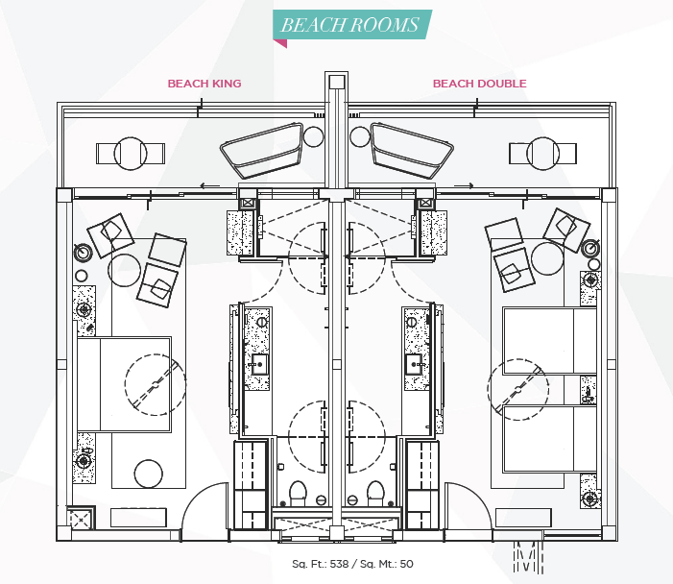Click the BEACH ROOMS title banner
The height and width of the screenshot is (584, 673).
[352, 25]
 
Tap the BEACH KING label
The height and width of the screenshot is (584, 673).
[204, 84]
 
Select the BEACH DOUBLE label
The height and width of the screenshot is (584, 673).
[479, 84]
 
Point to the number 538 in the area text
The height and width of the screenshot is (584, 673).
[340, 564]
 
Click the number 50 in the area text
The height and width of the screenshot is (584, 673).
[406, 564]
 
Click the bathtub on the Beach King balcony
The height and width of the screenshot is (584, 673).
[262, 150]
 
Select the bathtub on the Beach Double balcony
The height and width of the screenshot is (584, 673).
[412, 150]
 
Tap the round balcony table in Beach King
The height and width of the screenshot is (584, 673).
[131, 154]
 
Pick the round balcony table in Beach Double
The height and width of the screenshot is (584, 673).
[543, 154]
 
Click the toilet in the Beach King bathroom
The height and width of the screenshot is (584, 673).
[298, 493]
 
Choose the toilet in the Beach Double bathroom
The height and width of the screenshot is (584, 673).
[375, 493]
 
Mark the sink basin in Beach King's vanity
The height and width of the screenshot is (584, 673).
[259, 364]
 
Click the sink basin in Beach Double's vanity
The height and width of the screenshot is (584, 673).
[414, 364]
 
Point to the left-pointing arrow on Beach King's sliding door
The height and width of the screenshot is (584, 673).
[210, 186]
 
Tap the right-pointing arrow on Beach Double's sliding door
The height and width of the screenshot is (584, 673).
[464, 186]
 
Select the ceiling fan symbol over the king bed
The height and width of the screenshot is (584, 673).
[156, 385]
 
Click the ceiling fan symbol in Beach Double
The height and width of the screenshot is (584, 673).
[518, 389]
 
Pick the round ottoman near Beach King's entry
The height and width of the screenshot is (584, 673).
[149, 474]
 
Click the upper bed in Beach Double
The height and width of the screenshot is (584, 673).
[550, 340]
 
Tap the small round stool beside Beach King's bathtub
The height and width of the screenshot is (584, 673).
[313, 137]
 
